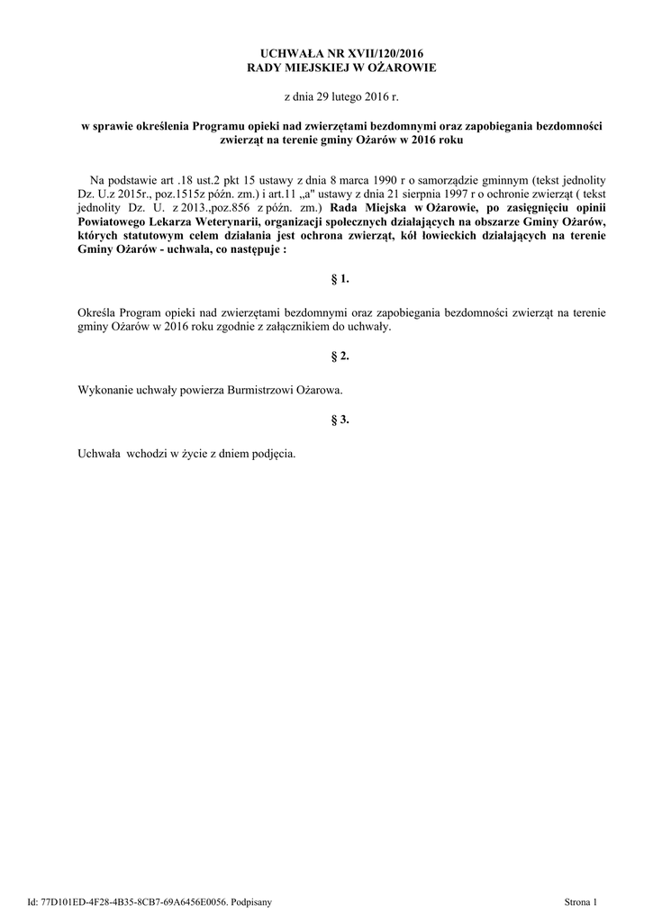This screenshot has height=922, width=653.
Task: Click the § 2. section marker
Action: pyautogui.click(x=340, y=357)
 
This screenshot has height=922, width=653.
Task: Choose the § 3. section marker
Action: pyautogui.click(x=340, y=420)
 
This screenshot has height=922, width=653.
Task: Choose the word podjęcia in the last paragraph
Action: pyautogui.click(x=272, y=454)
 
